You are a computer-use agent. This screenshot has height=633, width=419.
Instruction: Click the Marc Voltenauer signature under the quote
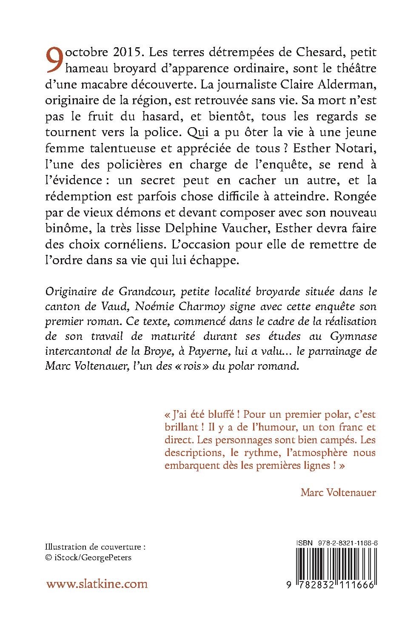(x=338, y=493)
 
